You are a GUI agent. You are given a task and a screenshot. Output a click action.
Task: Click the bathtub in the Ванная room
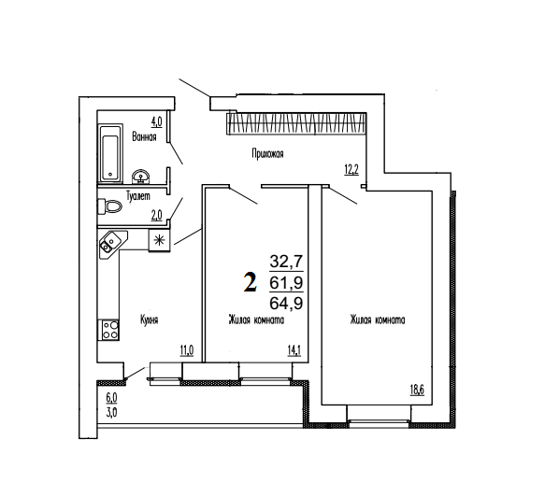110,153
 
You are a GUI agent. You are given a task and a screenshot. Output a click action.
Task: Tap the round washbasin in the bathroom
141,177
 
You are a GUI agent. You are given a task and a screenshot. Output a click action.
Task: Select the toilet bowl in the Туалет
109,206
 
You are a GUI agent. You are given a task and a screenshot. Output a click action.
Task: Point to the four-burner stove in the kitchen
108,330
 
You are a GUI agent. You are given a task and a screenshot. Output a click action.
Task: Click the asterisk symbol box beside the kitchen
159,240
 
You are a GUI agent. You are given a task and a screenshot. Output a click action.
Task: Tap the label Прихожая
267,154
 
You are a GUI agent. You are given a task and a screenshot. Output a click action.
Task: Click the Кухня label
149,319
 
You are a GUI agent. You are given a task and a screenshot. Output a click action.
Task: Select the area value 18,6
417,390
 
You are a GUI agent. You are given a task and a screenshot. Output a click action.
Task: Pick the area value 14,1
294,350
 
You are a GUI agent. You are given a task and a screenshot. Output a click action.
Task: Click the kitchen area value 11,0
186,350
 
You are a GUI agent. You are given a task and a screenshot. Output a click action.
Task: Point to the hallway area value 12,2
351,169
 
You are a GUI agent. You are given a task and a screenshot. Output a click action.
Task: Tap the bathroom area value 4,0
156,122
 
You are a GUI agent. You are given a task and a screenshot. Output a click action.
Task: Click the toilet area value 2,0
156,215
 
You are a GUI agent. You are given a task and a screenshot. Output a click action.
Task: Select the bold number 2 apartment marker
251,281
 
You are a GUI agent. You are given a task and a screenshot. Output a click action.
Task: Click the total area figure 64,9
286,304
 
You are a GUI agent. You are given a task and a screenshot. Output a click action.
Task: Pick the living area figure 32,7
286,262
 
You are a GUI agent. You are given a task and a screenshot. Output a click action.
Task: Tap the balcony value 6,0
111,397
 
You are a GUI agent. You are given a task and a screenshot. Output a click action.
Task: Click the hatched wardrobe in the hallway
296,124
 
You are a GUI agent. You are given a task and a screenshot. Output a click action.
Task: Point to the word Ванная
144,136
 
